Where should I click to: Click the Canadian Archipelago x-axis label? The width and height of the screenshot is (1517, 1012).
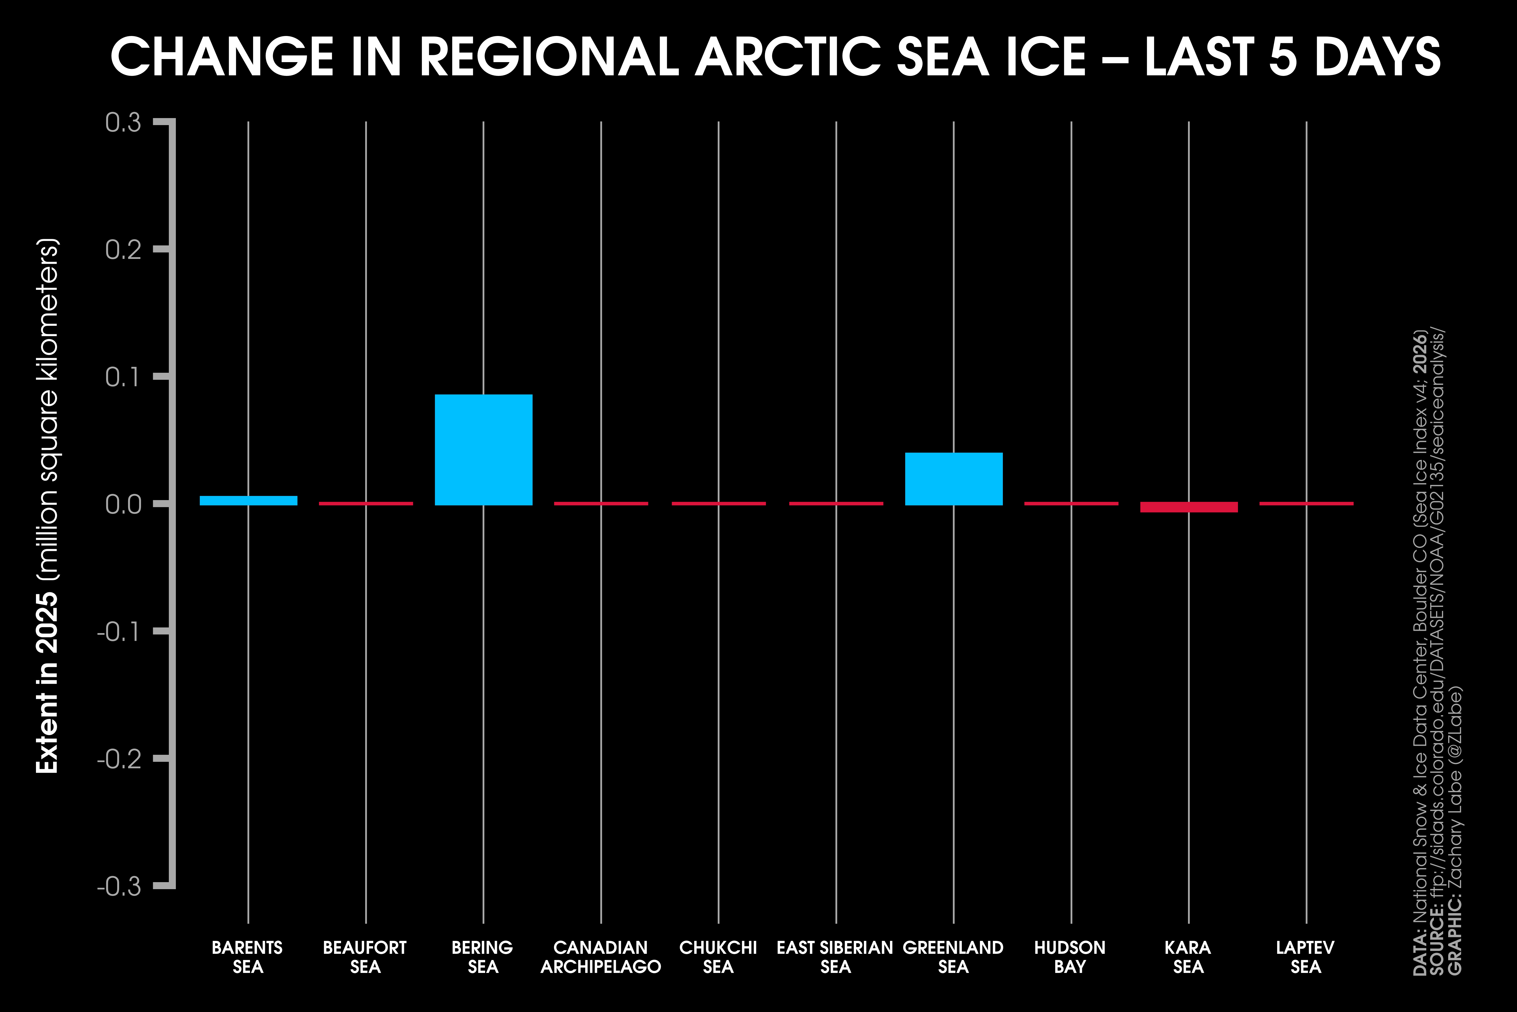[601, 957]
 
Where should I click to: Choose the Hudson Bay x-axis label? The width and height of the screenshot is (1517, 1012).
[1070, 957]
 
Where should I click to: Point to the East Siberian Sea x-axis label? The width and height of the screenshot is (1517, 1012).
[835, 957]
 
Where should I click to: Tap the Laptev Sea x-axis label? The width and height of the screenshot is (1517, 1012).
[1305, 957]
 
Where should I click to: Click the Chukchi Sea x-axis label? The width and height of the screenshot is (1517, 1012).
[718, 957]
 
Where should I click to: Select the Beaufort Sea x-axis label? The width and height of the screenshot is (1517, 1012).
[365, 957]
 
